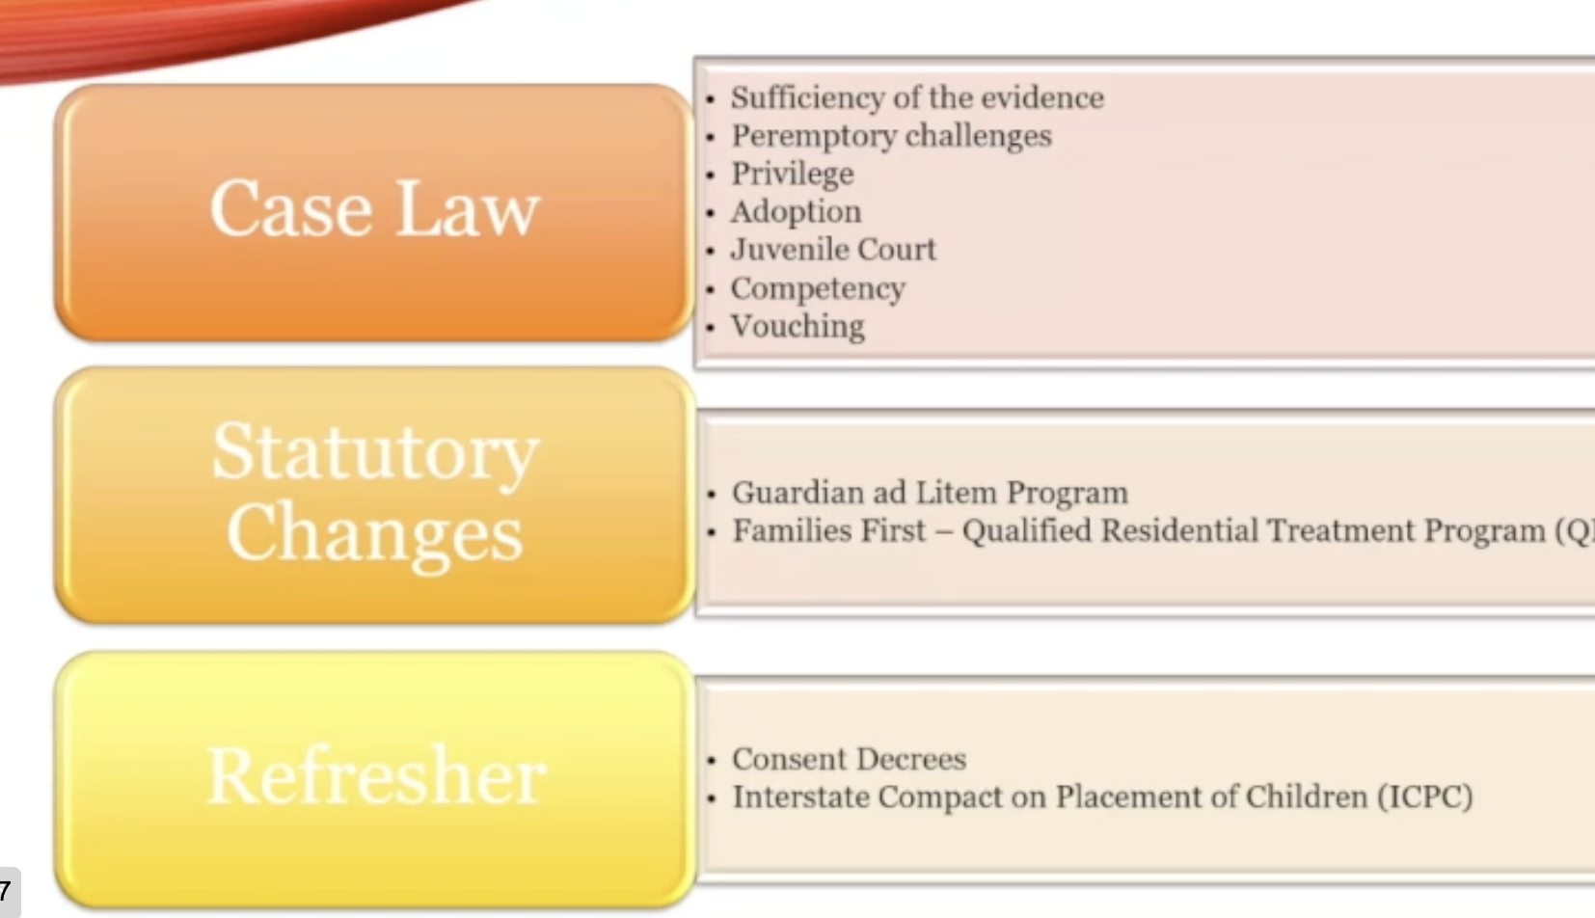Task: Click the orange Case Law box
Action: pyautogui.click(x=374, y=212)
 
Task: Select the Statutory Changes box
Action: pyautogui.click(x=374, y=496)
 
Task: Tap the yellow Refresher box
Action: pyautogui.click(x=374, y=779)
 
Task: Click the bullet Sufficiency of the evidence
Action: pyautogui.click(x=917, y=98)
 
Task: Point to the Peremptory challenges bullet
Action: pyautogui.click(x=891, y=136)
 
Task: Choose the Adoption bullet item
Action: pyautogui.click(x=797, y=212)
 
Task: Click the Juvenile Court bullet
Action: pyautogui.click(x=833, y=250)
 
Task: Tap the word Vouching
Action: pyautogui.click(x=797, y=327)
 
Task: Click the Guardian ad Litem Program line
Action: pyautogui.click(x=930, y=493)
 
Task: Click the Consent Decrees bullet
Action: pyautogui.click(x=850, y=759)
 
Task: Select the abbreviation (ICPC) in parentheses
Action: pyautogui.click(x=1425, y=796)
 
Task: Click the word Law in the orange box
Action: pyautogui.click(x=467, y=208)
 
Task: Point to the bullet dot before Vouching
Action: pyautogui.click(x=710, y=328)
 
